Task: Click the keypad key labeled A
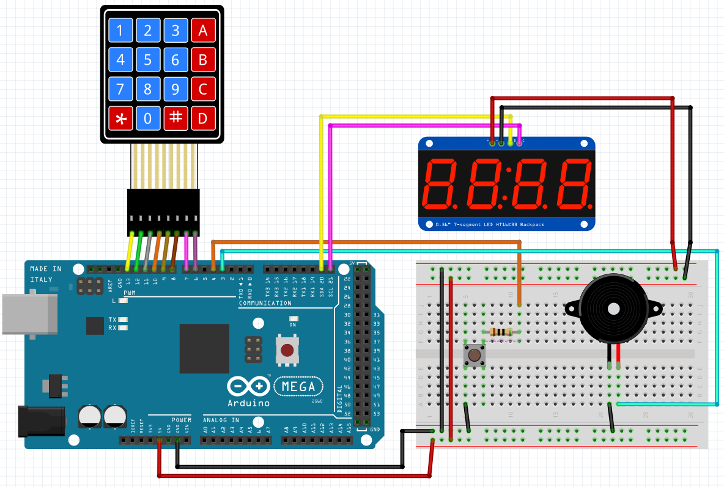(203, 31)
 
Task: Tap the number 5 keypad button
(148, 60)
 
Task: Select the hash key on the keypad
(175, 118)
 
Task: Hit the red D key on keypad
(203, 118)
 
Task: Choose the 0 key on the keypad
(148, 118)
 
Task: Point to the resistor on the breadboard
(501, 332)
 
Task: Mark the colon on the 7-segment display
(505, 183)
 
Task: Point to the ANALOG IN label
(221, 420)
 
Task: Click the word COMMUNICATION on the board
(265, 303)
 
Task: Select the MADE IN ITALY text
(46, 274)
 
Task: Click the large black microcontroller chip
(204, 348)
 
